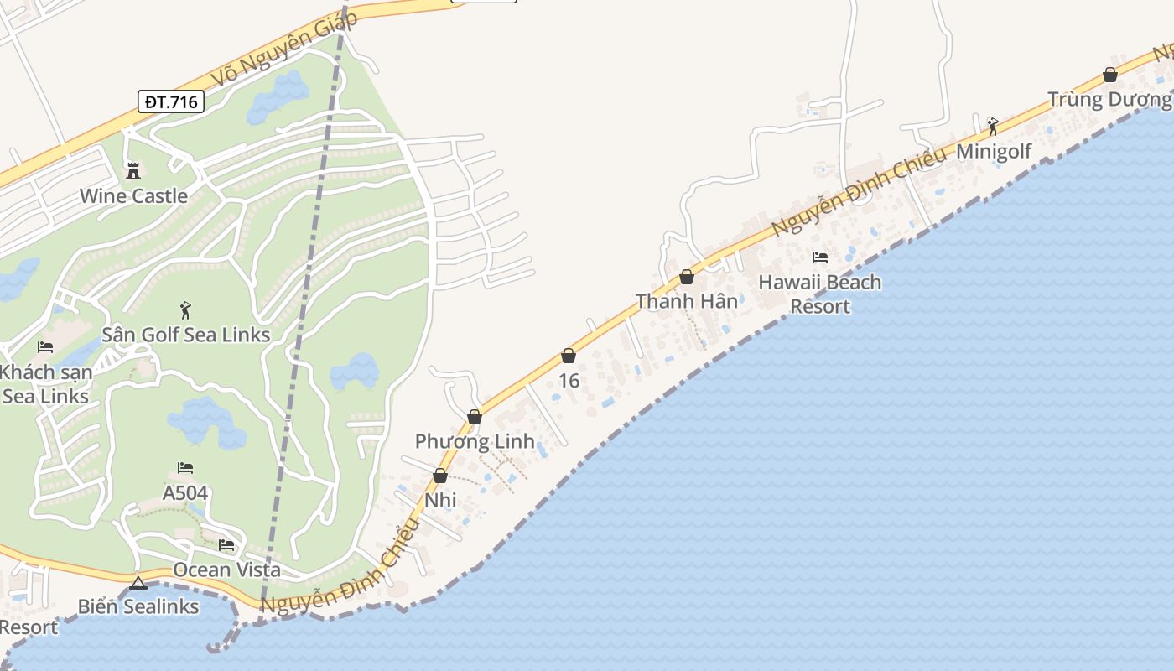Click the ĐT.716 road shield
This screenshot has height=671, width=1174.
point(171,102)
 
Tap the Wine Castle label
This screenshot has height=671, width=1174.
point(133,196)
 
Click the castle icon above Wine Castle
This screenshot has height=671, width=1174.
point(133,171)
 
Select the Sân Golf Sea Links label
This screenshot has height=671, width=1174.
point(185,335)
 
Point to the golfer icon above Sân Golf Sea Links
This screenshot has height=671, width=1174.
point(185,310)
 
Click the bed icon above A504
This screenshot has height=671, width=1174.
point(185,468)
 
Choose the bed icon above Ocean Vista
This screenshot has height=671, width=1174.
point(226,546)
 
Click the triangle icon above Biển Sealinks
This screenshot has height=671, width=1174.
point(138,583)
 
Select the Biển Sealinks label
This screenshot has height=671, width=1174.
point(138,606)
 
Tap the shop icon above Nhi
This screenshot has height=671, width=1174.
point(440,476)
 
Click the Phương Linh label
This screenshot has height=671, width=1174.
point(475,442)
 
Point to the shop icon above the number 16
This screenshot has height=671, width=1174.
point(569,356)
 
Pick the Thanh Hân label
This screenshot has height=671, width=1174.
point(687,301)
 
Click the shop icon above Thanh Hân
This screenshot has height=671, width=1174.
point(687,277)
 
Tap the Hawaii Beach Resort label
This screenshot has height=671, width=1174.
point(820,294)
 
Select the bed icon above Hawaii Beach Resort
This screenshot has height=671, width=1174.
point(820,257)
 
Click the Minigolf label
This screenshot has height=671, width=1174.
point(994,152)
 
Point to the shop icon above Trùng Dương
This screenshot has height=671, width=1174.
point(1110,75)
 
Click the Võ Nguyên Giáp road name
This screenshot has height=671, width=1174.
point(283,49)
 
